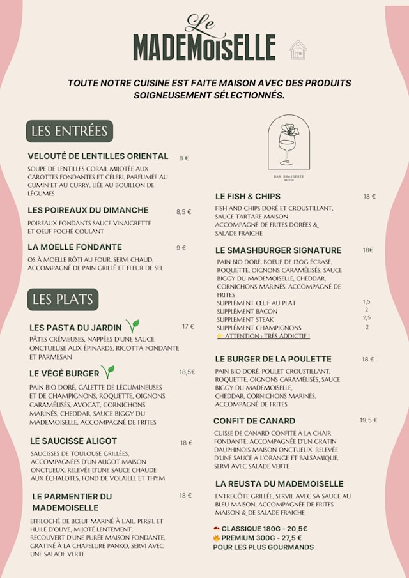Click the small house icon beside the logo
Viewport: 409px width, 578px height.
pos(298,50)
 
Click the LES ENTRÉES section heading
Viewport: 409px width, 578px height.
pos(70,131)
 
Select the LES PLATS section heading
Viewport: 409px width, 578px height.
pos(63,299)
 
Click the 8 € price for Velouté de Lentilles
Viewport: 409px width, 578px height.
pos(184,158)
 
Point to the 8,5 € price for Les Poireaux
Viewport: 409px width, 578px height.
pos(183,211)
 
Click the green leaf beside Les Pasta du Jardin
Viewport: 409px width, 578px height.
pos(132,326)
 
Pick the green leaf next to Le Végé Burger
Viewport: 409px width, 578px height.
pos(108,372)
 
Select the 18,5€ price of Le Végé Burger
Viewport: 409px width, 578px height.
pos(187,372)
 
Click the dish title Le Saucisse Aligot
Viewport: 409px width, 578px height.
pos(73,441)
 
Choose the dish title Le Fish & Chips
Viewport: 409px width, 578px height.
pos(248,196)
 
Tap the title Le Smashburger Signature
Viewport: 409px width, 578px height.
pos(278,250)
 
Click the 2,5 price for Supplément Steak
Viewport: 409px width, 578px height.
pos(367,317)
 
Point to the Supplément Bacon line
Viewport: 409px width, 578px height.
pos(247,311)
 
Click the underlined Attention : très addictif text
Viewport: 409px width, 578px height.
pos(266,336)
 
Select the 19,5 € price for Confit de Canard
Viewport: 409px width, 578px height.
pos(368,420)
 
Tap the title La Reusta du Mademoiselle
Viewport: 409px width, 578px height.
pos(279,484)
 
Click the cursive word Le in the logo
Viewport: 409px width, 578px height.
pos(201,25)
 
